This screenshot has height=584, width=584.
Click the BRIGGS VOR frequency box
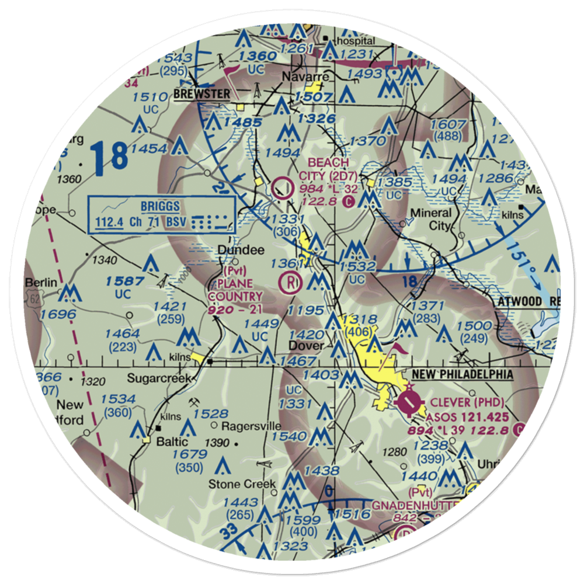click(161, 214)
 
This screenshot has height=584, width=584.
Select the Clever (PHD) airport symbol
click(408, 402)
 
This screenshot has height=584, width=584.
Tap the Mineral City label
click(432, 219)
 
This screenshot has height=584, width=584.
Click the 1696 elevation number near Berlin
click(58, 315)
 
